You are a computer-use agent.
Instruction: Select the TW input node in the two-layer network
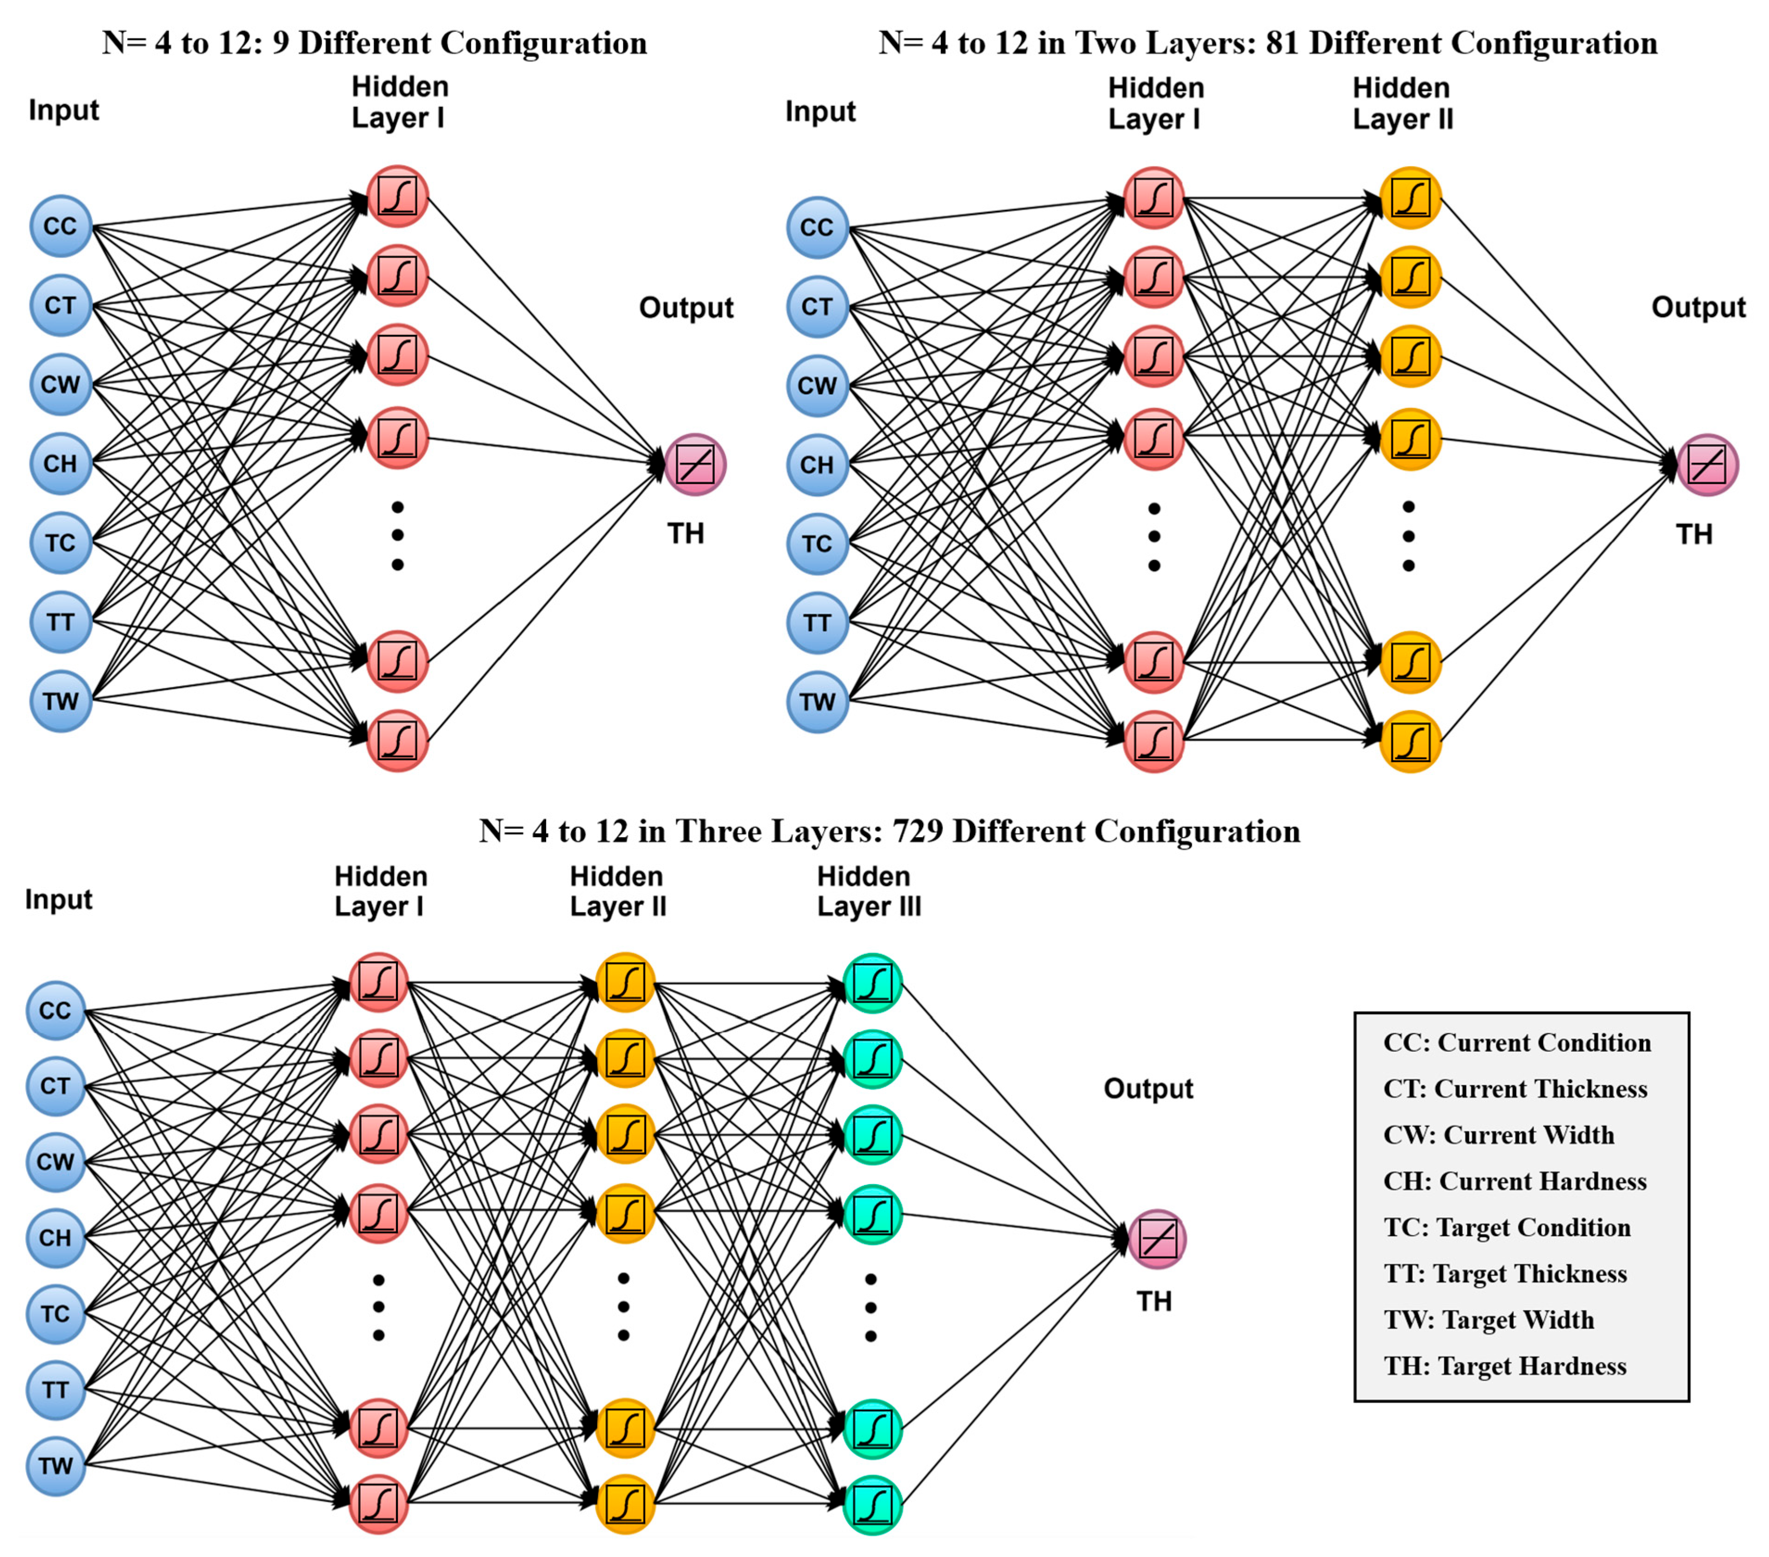click(x=817, y=701)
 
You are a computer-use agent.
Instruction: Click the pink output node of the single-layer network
click(x=695, y=465)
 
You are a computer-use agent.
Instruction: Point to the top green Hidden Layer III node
click(x=872, y=983)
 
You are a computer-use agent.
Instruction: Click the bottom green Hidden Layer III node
click(x=872, y=1505)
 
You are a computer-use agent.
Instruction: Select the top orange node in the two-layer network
click(x=1410, y=198)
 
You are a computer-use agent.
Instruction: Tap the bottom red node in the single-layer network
click(x=397, y=740)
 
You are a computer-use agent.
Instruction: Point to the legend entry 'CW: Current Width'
click(x=1499, y=1135)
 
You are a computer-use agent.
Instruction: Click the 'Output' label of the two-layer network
click(x=1698, y=307)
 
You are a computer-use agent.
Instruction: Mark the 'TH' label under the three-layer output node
click(x=1154, y=1301)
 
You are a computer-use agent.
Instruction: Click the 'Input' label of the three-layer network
click(x=58, y=899)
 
